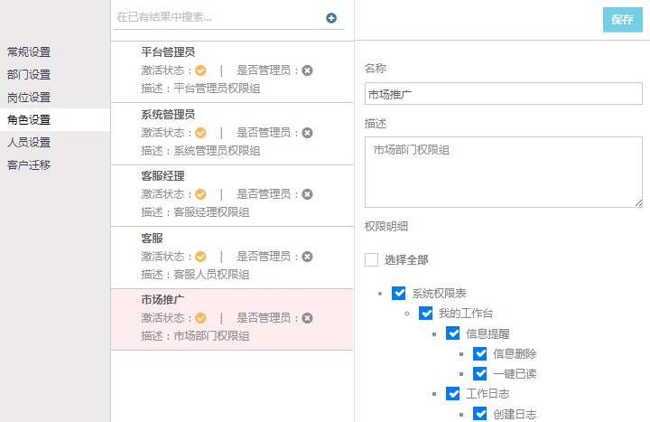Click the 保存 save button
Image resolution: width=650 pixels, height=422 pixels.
[x=622, y=20]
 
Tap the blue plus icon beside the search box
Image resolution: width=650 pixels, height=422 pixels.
[x=331, y=18]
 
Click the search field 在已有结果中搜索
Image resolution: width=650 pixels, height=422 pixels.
[x=218, y=17]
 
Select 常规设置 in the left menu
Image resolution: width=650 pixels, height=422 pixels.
[x=29, y=52]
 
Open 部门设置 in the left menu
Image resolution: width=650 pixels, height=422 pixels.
[x=29, y=75]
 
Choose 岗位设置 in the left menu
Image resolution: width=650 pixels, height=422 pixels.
[x=29, y=98]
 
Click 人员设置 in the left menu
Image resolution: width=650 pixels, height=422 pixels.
[x=29, y=143]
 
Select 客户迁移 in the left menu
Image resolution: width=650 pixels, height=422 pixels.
[x=29, y=164]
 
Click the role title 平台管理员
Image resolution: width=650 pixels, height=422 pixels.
[x=168, y=52]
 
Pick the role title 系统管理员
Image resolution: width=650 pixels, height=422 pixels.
[x=168, y=114]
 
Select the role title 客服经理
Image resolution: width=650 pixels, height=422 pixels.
[x=162, y=176]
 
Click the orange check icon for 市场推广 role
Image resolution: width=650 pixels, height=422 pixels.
[x=200, y=318]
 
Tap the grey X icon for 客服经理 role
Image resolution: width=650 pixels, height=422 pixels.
[x=307, y=194]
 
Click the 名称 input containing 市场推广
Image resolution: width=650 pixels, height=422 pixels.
[x=503, y=94]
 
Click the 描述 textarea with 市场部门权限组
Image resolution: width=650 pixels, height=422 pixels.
[x=503, y=173]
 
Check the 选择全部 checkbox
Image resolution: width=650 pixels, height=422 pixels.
[x=371, y=259]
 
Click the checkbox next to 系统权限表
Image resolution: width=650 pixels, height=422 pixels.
[x=399, y=293]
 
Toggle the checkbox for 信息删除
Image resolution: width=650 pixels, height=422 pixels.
[x=480, y=353]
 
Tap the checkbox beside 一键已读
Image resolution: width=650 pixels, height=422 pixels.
[x=480, y=373]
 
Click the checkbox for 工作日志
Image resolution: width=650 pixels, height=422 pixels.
[x=452, y=393]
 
